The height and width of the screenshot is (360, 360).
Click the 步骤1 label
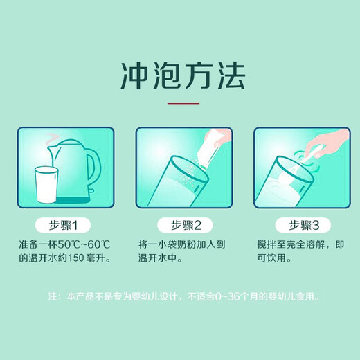tap(62, 225)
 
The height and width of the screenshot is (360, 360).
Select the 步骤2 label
tap(179, 225)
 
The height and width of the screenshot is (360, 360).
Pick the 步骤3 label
tap(298, 225)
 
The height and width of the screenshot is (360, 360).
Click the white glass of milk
tap(45, 185)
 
